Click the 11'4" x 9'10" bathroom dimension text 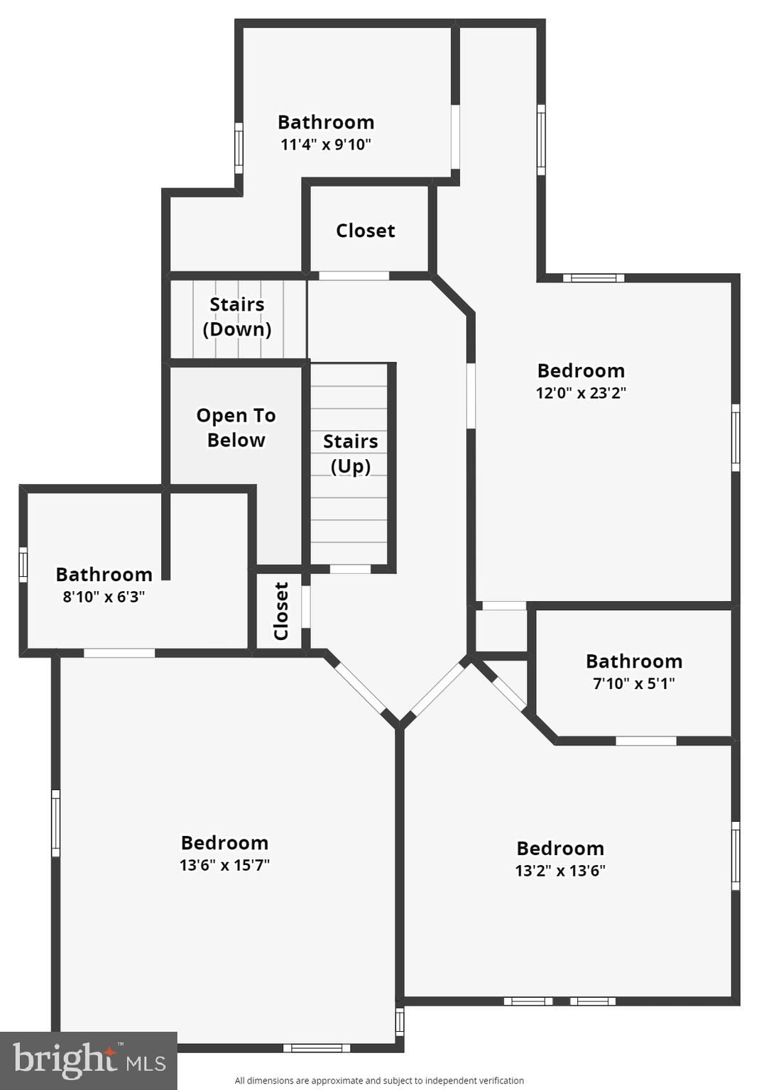(x=326, y=145)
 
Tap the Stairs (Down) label (x=237, y=316)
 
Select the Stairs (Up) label (x=351, y=453)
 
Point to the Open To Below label (x=236, y=427)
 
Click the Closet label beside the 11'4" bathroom (x=366, y=230)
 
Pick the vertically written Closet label (x=281, y=611)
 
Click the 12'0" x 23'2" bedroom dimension (x=581, y=392)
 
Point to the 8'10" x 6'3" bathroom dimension (x=104, y=596)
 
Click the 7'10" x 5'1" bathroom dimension (x=634, y=683)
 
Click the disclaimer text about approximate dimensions (x=379, y=1080)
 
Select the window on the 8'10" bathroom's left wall (x=23, y=564)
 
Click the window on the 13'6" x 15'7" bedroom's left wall (x=56, y=823)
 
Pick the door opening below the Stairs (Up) (x=350, y=569)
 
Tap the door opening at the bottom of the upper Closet (x=354, y=276)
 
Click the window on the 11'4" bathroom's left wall (x=239, y=148)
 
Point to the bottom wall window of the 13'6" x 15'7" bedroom (x=317, y=1048)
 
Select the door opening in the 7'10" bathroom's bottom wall (x=646, y=741)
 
